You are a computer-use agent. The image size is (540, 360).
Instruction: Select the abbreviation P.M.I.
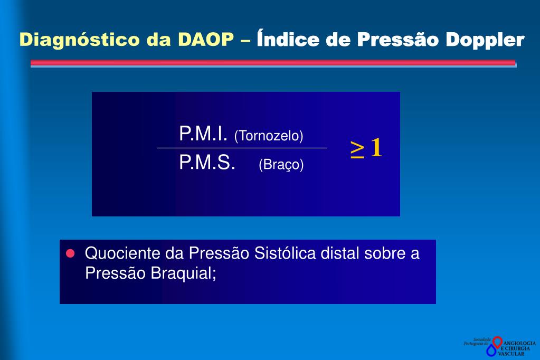click(x=203, y=134)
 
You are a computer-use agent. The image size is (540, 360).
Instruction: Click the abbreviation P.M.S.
click(x=207, y=163)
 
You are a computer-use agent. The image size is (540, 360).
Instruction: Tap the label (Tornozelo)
click(x=269, y=136)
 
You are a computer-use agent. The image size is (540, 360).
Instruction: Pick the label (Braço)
click(x=281, y=165)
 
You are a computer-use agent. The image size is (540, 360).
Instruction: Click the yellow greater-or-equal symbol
click(x=357, y=149)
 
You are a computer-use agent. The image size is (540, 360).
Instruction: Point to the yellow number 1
click(x=376, y=148)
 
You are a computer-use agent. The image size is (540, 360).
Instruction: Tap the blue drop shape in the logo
click(x=492, y=350)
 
